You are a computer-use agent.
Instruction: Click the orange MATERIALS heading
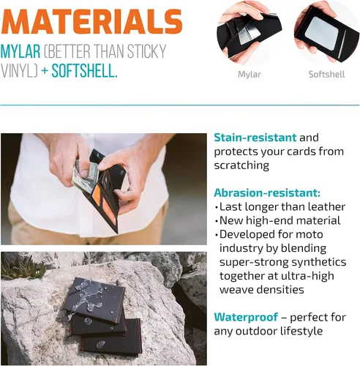[91, 21]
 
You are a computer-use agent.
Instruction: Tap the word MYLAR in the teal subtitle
[20, 51]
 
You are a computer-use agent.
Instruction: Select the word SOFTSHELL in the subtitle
[84, 71]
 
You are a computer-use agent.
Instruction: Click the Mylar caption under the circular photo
[250, 75]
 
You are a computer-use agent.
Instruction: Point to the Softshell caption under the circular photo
[326, 74]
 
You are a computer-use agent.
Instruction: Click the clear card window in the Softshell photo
[321, 31]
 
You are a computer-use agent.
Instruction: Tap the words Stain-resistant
[255, 138]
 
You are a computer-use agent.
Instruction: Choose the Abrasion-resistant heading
[267, 193]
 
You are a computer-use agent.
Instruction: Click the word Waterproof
[246, 317]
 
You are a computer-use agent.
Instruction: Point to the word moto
[310, 234]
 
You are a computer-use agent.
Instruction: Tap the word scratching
[241, 165]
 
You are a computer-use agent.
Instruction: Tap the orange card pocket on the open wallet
[97, 195]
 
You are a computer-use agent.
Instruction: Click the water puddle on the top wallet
[90, 297]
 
